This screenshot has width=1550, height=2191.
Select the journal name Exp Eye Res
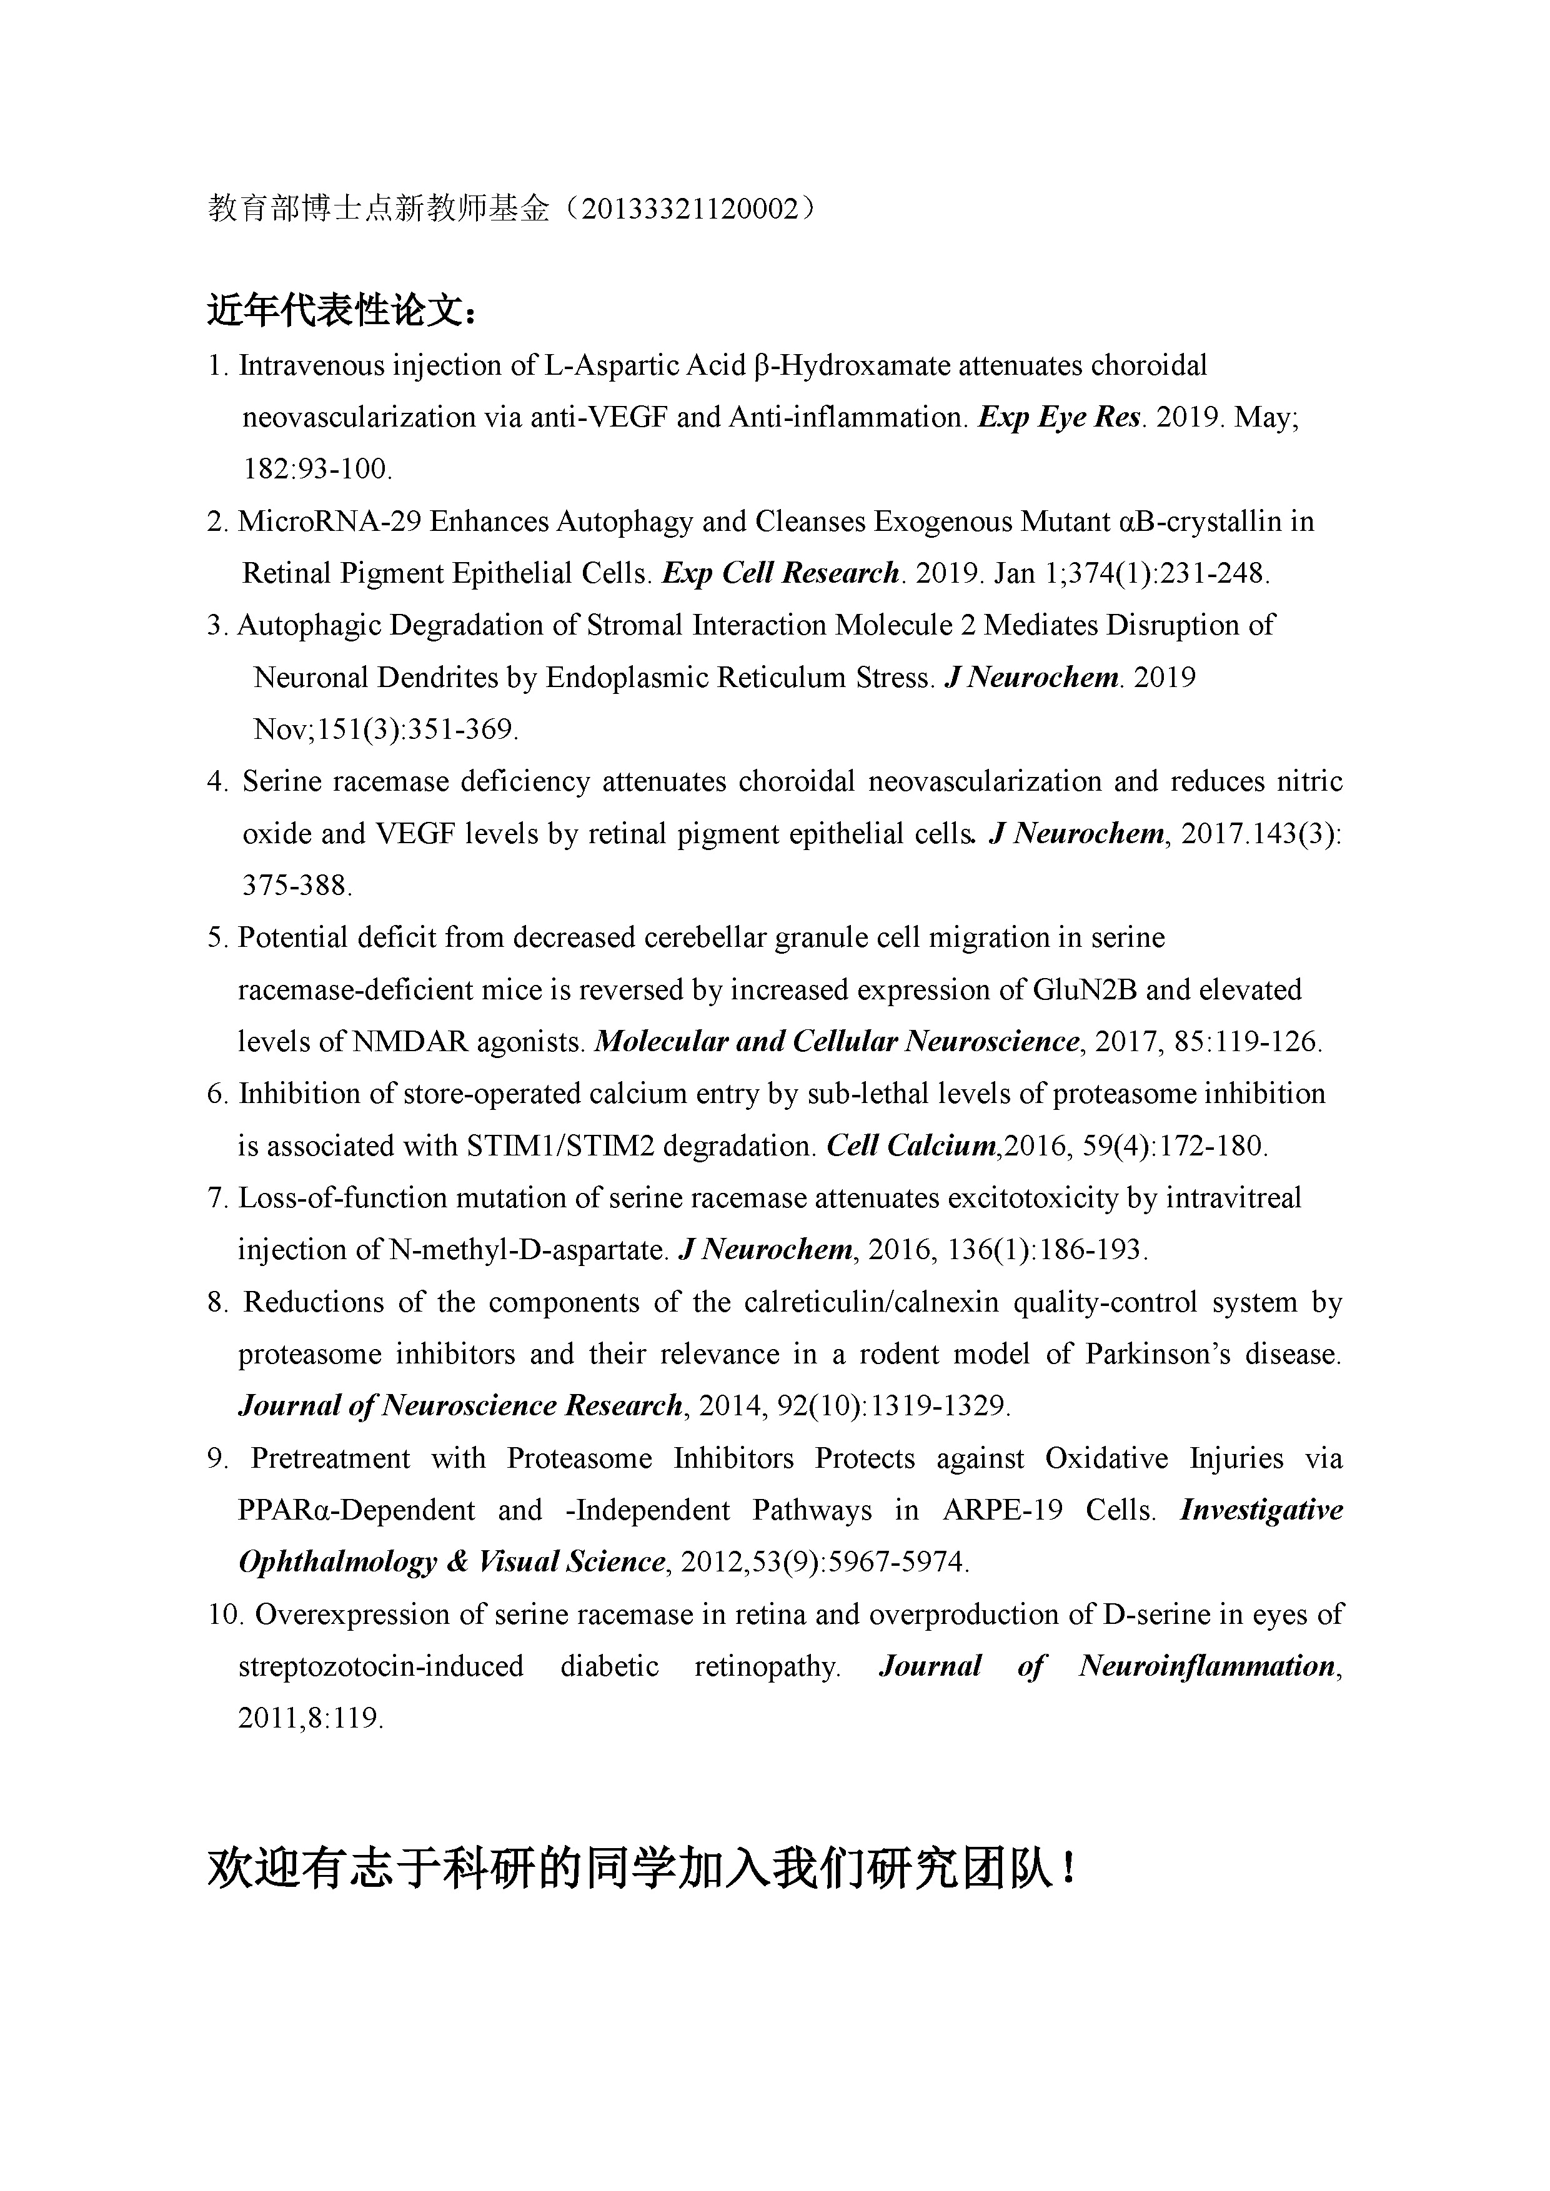coord(1060,417)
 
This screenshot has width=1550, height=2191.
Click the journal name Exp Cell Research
coord(781,573)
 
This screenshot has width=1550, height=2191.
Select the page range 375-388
coord(297,886)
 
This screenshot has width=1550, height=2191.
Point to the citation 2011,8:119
coord(310,1718)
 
